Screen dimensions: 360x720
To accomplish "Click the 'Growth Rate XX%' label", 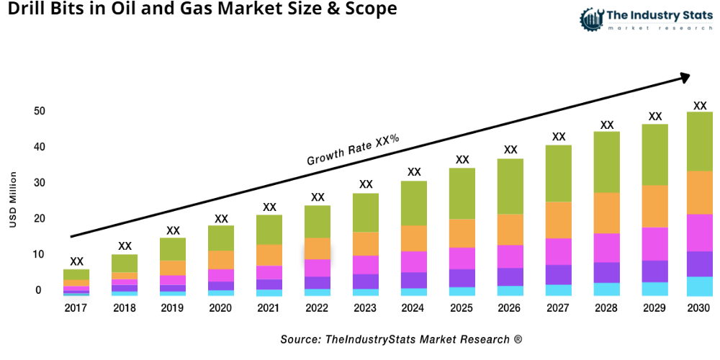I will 353,150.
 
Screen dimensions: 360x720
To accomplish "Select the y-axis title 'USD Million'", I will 13,200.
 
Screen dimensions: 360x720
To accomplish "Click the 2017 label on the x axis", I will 76,308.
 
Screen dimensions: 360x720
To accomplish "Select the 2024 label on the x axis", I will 414,308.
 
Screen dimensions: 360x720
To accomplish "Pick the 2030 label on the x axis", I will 699,308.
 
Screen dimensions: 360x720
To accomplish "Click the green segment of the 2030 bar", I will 699,141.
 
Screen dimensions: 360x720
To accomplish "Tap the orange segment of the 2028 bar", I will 606,213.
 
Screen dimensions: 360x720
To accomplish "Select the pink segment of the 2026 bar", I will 510,256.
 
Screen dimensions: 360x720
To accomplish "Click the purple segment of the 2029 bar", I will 654,271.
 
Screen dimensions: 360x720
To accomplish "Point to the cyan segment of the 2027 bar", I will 558,290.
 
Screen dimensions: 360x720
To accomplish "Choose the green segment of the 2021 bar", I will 269,230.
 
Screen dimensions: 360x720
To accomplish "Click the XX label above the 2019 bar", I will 173,230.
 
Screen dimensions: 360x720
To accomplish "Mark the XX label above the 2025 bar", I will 462,160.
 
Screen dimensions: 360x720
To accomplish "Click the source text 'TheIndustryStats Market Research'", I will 401,339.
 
